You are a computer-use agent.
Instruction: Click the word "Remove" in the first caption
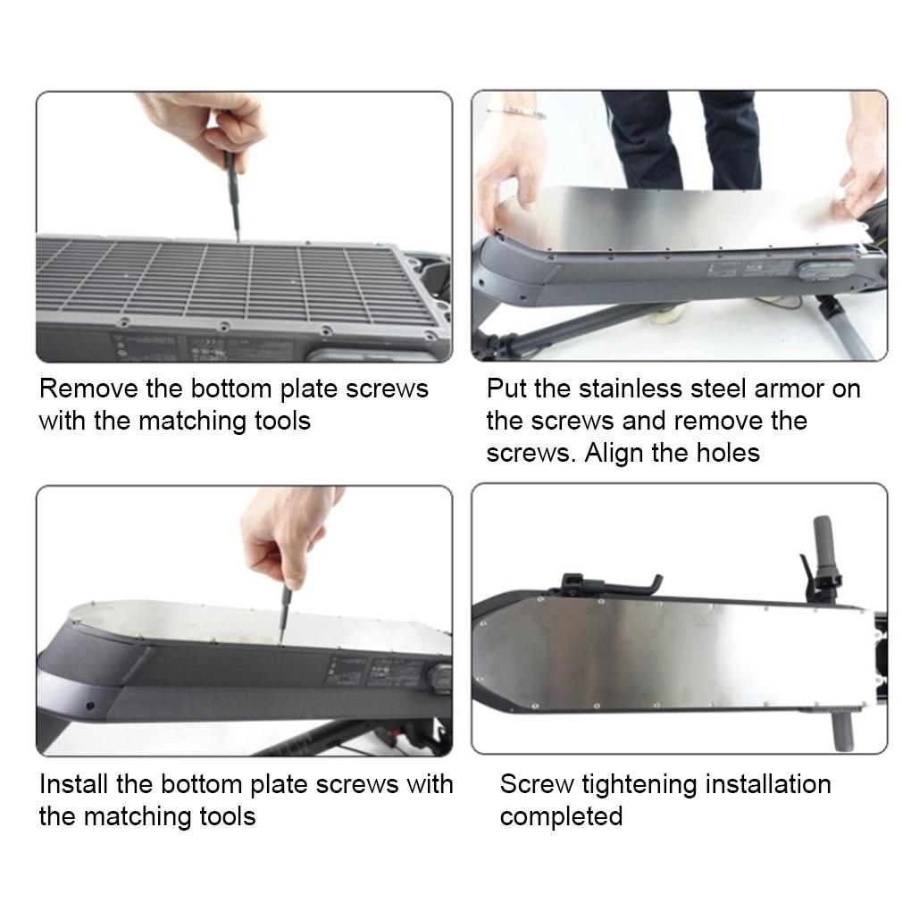pos(89,389)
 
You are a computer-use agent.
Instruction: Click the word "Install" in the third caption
pos(74,784)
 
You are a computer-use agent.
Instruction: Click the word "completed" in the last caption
pos(561,817)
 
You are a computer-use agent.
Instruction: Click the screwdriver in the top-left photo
pos(233,196)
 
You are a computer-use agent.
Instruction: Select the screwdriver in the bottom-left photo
pos(283,613)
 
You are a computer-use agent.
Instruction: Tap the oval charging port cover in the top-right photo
pos(825,270)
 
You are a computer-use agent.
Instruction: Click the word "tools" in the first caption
pos(283,421)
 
